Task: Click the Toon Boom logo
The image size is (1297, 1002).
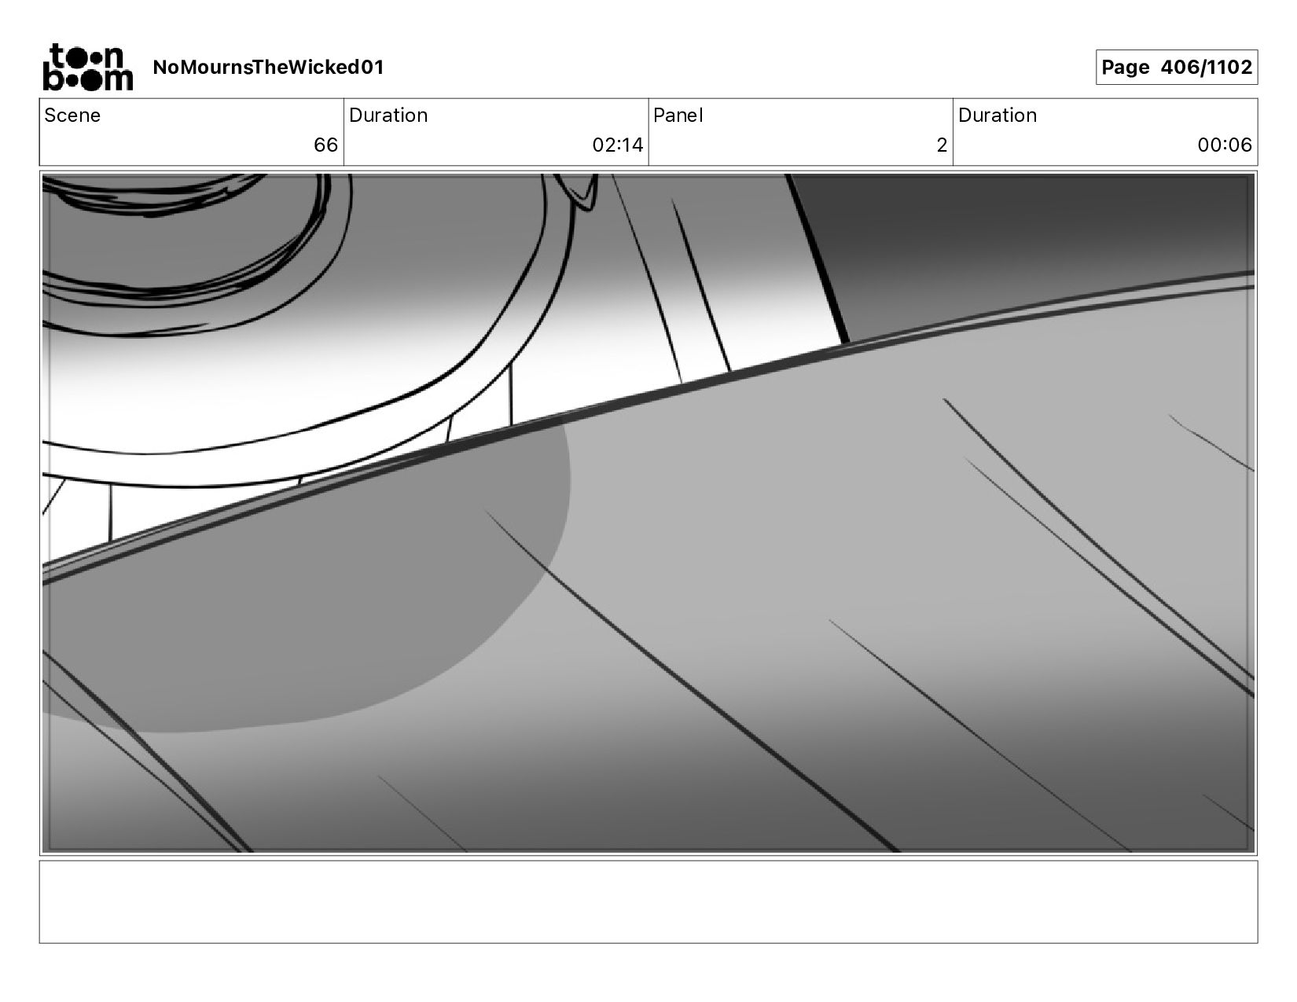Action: pyautogui.click(x=88, y=67)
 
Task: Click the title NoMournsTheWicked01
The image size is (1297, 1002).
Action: pyautogui.click(x=268, y=67)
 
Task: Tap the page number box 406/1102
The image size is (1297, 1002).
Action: pyautogui.click(x=1177, y=67)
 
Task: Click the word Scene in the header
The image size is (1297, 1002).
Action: pyautogui.click(x=72, y=116)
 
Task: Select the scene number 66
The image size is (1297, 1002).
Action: pyautogui.click(x=326, y=145)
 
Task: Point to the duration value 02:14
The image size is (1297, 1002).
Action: pyautogui.click(x=618, y=145)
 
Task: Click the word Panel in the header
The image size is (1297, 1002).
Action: pyautogui.click(x=678, y=116)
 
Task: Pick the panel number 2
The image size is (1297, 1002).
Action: pyautogui.click(x=942, y=145)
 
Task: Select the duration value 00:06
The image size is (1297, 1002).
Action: pyautogui.click(x=1225, y=145)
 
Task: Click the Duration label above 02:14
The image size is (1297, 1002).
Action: pyautogui.click(x=388, y=116)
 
